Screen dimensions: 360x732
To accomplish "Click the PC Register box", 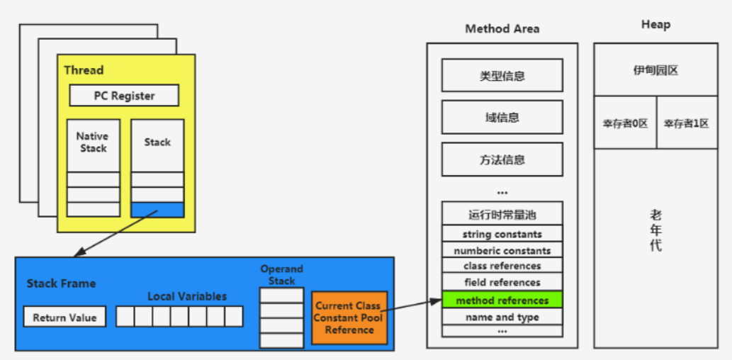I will pyautogui.click(x=124, y=96).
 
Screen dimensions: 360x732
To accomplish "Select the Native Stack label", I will pyautogui.click(x=93, y=142).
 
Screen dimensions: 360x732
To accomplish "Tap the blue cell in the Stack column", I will pyautogui.click(x=157, y=210).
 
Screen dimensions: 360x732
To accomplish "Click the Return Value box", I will pyautogui.click(x=64, y=317).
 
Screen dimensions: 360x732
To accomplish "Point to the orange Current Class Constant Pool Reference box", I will pyautogui.click(x=349, y=317).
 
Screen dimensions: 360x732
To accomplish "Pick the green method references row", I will pyautogui.click(x=502, y=300).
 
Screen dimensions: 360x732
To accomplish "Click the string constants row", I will pyautogui.click(x=502, y=234).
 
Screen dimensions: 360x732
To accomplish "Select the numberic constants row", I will pyautogui.click(x=502, y=250).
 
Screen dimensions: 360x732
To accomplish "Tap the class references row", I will pyautogui.click(x=502, y=266).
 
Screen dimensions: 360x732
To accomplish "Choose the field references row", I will pyautogui.click(x=502, y=283).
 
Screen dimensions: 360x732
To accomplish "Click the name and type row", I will pyautogui.click(x=502, y=317).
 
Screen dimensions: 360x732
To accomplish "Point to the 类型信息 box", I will pyautogui.click(x=502, y=76).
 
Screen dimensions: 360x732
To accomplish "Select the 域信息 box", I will pyautogui.click(x=502, y=118).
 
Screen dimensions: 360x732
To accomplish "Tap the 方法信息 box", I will pyautogui.click(x=502, y=159).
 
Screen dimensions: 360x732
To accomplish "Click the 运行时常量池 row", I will pyautogui.click(x=502, y=213).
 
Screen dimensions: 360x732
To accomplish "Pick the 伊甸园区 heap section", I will pyautogui.click(x=655, y=70).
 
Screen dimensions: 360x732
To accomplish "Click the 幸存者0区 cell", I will pyautogui.click(x=625, y=123).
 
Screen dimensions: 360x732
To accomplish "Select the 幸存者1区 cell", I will pyautogui.click(x=686, y=123).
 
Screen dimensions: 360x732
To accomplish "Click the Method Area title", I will pyautogui.click(x=502, y=29).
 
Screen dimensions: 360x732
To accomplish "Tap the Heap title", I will pyautogui.click(x=655, y=25).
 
